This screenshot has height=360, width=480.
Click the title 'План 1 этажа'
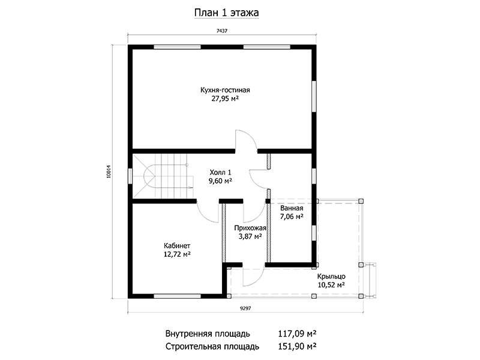point(227,13)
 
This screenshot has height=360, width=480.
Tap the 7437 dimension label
point(222,31)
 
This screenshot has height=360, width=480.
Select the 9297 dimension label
point(245,308)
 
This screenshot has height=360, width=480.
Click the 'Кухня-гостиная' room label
point(225,90)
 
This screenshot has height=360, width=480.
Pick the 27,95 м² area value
point(225,98)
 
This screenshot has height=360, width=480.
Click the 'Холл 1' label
point(220,172)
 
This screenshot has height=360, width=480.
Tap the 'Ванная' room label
point(292,208)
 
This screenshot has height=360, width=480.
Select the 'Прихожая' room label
point(250,228)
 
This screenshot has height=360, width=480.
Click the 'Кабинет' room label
point(177,245)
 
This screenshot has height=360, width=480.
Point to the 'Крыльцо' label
point(331,277)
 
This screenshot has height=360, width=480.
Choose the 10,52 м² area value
point(331,285)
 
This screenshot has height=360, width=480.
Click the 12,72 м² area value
point(177,254)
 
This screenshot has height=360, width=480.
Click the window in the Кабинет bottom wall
point(177,296)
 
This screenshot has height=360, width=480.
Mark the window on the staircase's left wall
point(130,176)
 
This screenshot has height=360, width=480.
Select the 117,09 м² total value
point(297,333)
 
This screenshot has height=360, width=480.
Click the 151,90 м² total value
point(297,346)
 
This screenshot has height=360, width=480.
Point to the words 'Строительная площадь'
point(212,347)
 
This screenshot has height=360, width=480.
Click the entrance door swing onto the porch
point(253,277)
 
